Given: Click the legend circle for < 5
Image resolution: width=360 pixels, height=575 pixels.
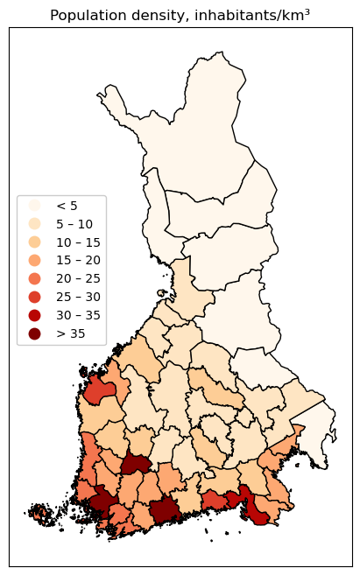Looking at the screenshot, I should [35, 206].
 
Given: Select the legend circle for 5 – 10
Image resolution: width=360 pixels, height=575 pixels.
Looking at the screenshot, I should [35, 224].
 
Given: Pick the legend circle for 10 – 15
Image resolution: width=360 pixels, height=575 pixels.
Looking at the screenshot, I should [35, 242].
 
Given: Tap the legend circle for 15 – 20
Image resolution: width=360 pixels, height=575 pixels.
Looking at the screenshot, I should [35, 260].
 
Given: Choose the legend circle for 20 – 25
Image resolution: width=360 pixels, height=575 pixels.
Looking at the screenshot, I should [35, 278].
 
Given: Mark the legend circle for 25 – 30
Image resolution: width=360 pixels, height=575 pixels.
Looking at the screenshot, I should [35, 297].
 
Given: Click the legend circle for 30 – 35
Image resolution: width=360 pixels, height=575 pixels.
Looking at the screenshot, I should [35, 315].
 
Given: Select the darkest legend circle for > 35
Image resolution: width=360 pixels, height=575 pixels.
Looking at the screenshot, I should [35, 333].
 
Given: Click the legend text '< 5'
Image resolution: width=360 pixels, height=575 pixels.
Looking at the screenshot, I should [67, 206].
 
